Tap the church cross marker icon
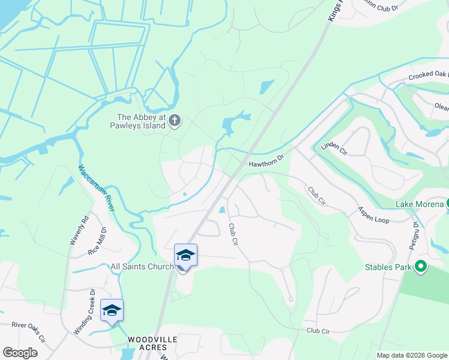tap(175, 121)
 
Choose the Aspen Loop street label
tap(373, 215)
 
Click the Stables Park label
tap(388, 266)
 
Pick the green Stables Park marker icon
tap(421, 266)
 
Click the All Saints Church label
tap(142, 266)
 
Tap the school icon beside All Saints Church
tap(185, 256)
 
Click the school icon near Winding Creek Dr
tap(112, 310)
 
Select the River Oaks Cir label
tap(28, 331)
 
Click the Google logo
tap(20, 353)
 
